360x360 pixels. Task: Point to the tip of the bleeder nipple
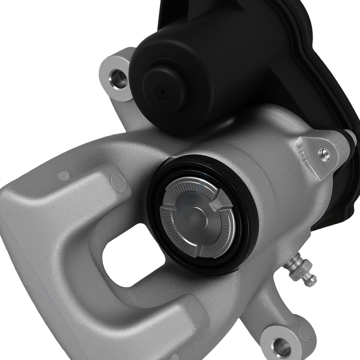tap(311, 282)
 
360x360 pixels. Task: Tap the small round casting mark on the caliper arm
tap(63, 175)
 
